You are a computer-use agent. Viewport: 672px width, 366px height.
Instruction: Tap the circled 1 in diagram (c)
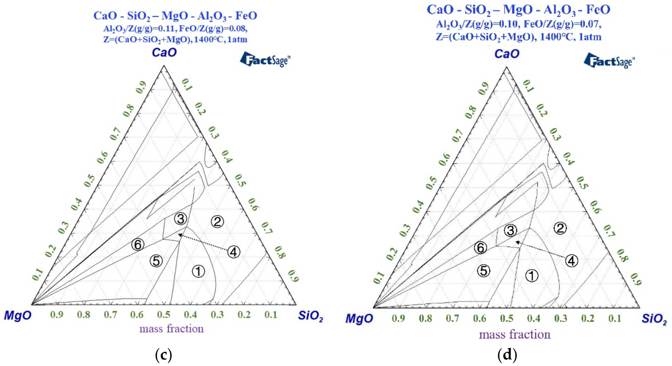(x=198, y=271)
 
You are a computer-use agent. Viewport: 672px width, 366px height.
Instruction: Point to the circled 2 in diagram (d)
(x=560, y=228)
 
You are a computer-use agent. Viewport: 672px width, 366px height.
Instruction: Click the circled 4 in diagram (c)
(x=234, y=252)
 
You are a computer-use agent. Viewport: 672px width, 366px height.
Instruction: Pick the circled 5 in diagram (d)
(x=484, y=271)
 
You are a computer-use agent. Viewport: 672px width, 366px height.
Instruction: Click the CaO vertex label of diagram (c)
(x=164, y=52)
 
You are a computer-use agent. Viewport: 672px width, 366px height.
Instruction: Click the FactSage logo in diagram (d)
(x=609, y=61)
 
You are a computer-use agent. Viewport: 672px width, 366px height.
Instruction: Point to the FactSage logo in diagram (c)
(x=265, y=60)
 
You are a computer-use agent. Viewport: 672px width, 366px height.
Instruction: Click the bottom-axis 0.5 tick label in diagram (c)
(x=164, y=315)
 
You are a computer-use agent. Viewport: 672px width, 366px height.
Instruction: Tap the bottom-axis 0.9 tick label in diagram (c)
(x=57, y=315)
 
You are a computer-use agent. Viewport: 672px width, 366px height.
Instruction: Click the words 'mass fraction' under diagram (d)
(x=515, y=334)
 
